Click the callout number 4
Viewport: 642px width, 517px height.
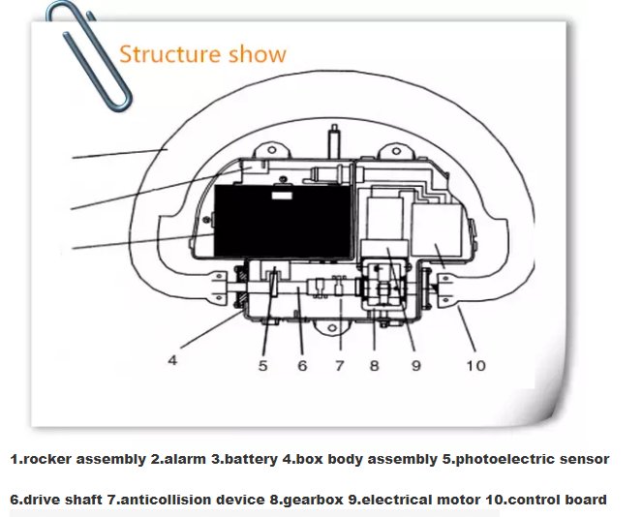coord(172,360)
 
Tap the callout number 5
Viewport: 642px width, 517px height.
coord(262,366)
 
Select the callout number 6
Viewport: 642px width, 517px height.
coord(302,366)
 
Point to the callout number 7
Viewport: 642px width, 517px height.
coord(340,366)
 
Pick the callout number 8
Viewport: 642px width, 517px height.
coord(374,366)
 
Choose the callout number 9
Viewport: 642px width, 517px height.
coord(416,366)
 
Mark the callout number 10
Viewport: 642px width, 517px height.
coord(476,366)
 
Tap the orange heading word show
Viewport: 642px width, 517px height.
coord(258,54)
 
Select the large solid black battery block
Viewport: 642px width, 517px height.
coord(283,222)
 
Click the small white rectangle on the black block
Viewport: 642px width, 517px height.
coord(282,196)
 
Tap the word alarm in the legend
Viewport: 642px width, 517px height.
coord(184,459)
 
